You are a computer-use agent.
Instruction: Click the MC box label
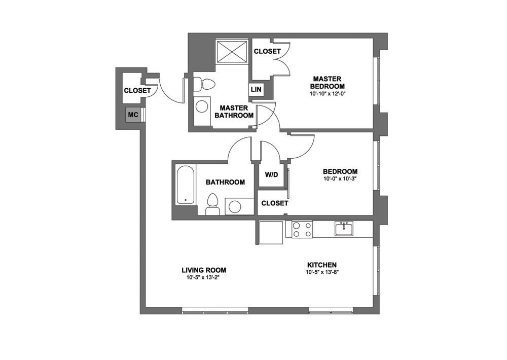pyautogui.click(x=133, y=115)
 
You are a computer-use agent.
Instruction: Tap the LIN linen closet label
pyautogui.click(x=257, y=90)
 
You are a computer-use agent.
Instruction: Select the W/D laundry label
pyautogui.click(x=272, y=175)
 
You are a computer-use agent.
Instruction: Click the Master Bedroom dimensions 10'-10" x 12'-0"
pyautogui.click(x=327, y=93)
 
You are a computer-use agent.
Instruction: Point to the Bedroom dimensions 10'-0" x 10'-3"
pyautogui.click(x=340, y=178)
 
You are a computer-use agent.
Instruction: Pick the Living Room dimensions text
pyautogui.click(x=204, y=277)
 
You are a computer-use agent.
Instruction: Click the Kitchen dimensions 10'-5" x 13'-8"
pyautogui.click(x=322, y=272)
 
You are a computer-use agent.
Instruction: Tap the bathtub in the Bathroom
pyautogui.click(x=185, y=185)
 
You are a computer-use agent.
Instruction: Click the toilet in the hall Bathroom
pyautogui.click(x=213, y=203)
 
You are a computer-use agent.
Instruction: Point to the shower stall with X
pyautogui.click(x=232, y=51)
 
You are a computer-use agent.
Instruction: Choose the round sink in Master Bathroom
pyautogui.click(x=202, y=106)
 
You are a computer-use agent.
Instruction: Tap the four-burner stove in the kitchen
pyautogui.click(x=301, y=230)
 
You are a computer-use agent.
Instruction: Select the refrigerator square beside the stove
pyautogui.click(x=271, y=233)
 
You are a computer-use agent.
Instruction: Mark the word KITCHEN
pyautogui.click(x=322, y=265)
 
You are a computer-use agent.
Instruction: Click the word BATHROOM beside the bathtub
pyautogui.click(x=225, y=182)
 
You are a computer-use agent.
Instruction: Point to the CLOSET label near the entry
pyautogui.click(x=137, y=91)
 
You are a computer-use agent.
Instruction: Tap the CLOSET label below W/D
pyautogui.click(x=274, y=203)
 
